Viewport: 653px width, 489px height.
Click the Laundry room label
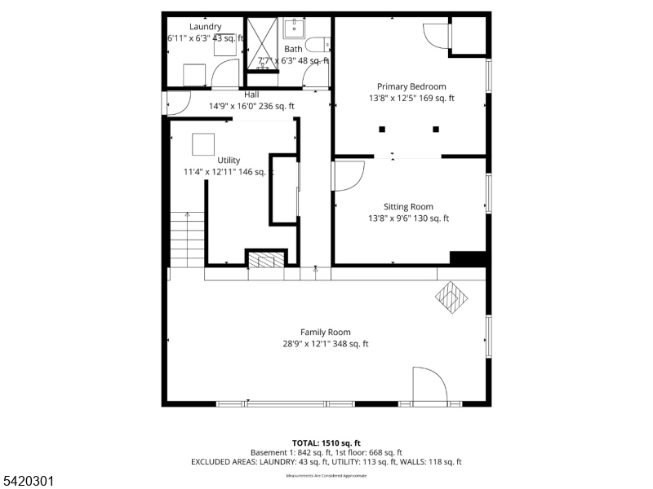pos(205,26)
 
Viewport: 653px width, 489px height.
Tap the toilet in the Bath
pos(318,46)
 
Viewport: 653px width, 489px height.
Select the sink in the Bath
pos(294,29)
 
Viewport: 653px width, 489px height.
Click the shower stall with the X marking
pos(263,42)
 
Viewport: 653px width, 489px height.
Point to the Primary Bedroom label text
pos(411,86)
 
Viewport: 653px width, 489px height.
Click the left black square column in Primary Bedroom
pos(381,129)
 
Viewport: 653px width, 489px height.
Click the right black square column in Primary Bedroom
pos(436,129)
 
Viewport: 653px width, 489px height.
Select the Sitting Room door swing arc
pos(349,176)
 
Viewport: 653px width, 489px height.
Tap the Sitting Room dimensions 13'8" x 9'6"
pos(408,218)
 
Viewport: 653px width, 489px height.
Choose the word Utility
pos(229,160)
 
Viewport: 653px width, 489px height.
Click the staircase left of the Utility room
pos(187,239)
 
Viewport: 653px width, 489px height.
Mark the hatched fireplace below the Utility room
pos(266,260)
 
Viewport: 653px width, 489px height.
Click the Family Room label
pos(325,332)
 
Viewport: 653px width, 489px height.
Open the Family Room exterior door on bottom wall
pos(428,386)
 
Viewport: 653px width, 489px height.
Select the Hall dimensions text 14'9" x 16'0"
pos(251,106)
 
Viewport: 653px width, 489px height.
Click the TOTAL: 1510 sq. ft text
pos(326,442)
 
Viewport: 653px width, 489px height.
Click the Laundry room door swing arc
pos(223,75)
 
